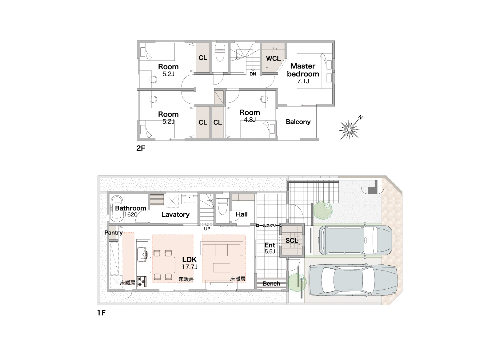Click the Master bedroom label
pyautogui.click(x=303, y=70)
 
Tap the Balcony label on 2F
pyautogui.click(x=298, y=122)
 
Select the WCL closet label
pyautogui.click(x=273, y=58)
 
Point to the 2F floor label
pyautogui.click(x=141, y=148)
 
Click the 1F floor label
pyautogui.click(x=101, y=313)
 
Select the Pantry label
pyautogui.click(x=114, y=233)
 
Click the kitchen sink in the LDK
pyautogui.click(x=142, y=254)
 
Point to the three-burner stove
pyautogui.click(x=142, y=282)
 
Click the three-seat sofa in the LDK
pyautogui.click(x=223, y=250)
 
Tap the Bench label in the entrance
pyautogui.click(x=271, y=283)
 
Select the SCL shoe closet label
pyautogui.click(x=291, y=240)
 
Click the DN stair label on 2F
pyautogui.click(x=253, y=74)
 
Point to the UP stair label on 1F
pyautogui.click(x=207, y=229)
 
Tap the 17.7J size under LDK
pyautogui.click(x=190, y=267)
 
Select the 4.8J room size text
pyautogui.click(x=250, y=120)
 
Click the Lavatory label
pyautogui.click(x=175, y=215)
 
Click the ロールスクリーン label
pyautogui.click(x=269, y=226)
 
